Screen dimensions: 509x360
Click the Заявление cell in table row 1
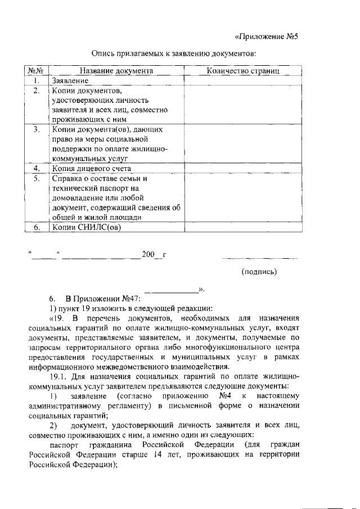[x=70, y=81]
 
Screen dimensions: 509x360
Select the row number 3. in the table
[x=37, y=129]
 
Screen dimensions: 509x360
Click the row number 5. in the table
[x=37, y=178]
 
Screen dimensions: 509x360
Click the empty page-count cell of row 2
[x=243, y=105]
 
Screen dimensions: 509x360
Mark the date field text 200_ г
[x=154, y=254]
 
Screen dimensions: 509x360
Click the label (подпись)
[x=259, y=272]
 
